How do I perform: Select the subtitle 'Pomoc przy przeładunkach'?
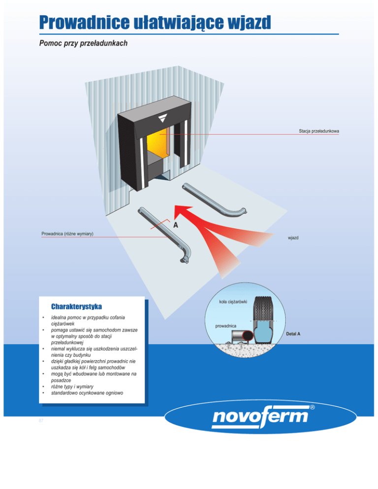coord(83,44)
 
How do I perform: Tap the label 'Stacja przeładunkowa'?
coord(318,131)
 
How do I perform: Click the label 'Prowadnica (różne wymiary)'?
coord(67,233)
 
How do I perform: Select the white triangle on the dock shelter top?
coord(162,119)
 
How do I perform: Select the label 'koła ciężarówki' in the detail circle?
coord(233,300)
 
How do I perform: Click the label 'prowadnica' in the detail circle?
coord(228,326)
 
